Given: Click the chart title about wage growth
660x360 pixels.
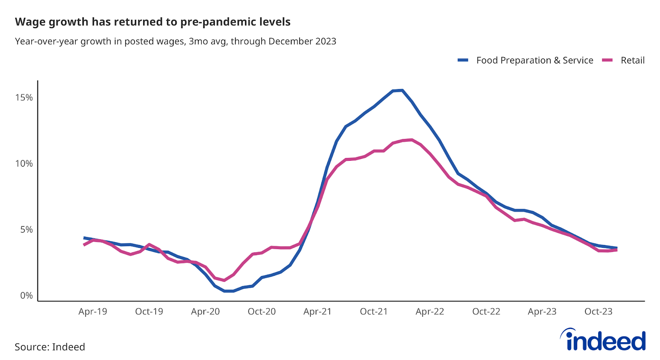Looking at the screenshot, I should [153, 22].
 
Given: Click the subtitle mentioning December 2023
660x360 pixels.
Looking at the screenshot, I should [175, 41].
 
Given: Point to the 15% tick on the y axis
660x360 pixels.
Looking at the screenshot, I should [24, 98].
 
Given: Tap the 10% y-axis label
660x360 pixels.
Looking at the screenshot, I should [24, 164].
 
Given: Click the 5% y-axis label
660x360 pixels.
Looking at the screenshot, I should [26, 230].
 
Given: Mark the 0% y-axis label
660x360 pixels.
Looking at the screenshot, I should [26, 296].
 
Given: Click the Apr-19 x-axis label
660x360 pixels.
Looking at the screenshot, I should [93, 312].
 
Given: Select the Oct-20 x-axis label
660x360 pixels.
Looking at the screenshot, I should [262, 312].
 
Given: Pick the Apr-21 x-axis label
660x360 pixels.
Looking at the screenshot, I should [318, 312].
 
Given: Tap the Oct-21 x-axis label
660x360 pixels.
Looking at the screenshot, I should [374, 312].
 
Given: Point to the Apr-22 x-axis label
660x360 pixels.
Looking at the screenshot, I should [430, 312].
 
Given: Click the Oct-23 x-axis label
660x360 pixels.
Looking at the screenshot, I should [598, 312].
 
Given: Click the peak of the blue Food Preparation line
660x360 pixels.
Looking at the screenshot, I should [402, 90].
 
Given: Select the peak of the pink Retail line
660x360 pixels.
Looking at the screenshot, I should [411, 140].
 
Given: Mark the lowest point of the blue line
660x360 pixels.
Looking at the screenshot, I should [229, 291].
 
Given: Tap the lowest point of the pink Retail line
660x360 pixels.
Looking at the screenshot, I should [224, 280].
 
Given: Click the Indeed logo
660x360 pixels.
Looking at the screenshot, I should [603, 340].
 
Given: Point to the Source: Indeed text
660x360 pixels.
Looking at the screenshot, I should [50, 347].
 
